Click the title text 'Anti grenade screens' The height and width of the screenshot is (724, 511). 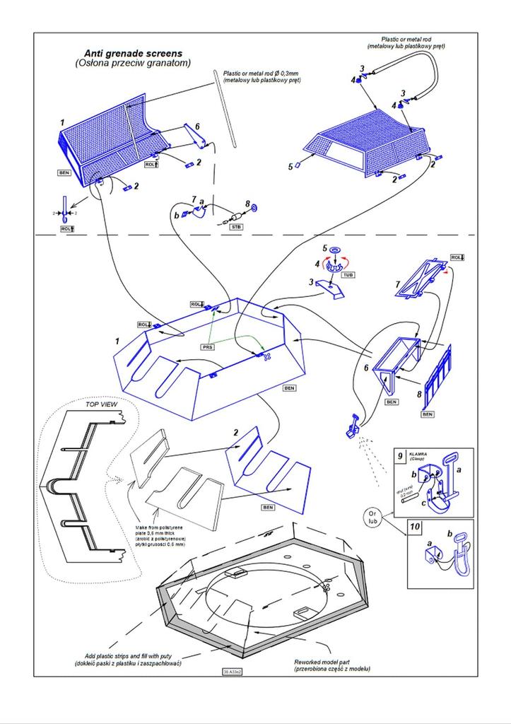pos(133,53)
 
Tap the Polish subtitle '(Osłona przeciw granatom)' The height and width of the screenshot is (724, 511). pos(133,64)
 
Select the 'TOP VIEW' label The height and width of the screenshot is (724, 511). pos(100,405)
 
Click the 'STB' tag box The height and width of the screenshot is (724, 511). pos(237,226)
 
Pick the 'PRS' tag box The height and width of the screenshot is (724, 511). pos(207,348)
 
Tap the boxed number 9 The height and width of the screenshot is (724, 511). pos(400,455)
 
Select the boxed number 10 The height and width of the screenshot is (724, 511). pos(415,527)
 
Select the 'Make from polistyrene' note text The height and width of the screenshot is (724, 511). pos(160,537)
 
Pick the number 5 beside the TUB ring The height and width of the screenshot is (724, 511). pos(325,249)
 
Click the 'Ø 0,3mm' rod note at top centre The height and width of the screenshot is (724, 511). pos(262,76)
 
